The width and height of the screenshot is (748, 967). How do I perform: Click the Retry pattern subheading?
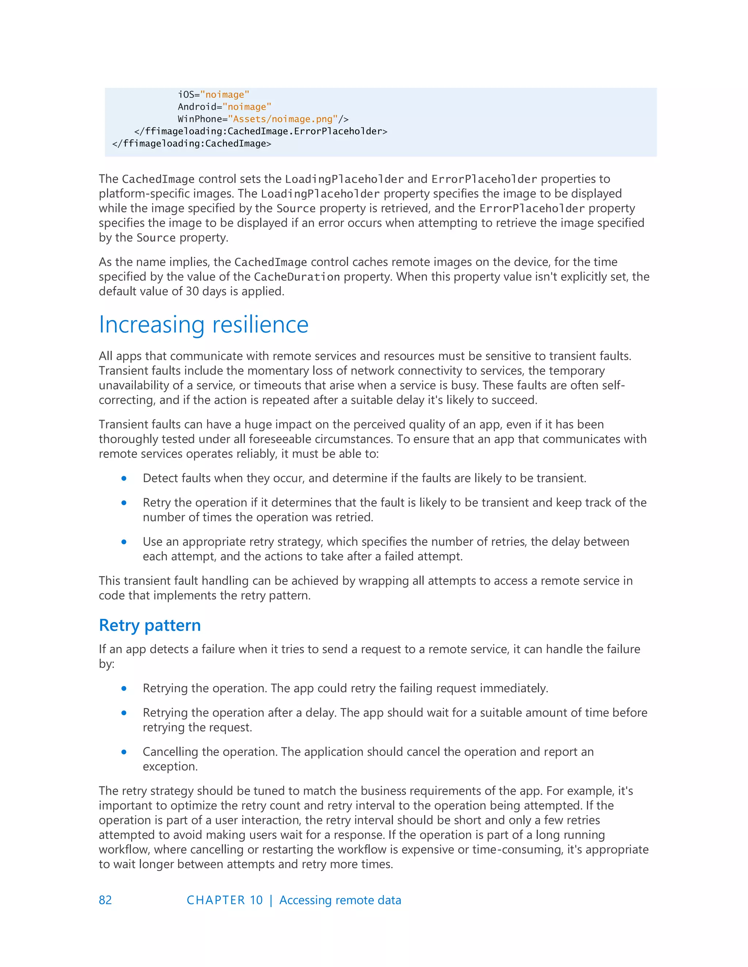click(150, 625)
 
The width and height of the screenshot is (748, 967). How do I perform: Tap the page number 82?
click(105, 900)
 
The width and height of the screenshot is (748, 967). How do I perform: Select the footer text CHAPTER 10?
click(225, 900)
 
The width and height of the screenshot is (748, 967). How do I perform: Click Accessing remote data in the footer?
click(340, 900)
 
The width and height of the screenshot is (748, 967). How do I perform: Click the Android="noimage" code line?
click(224, 107)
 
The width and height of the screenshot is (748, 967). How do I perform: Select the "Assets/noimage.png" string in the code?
click(283, 119)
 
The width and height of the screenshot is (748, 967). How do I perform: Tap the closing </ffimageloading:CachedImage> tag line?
click(191, 143)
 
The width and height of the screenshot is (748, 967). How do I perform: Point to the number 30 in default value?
click(192, 291)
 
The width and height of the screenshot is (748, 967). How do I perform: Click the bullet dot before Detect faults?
click(124, 478)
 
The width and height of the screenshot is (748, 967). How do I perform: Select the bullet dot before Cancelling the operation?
click(124, 752)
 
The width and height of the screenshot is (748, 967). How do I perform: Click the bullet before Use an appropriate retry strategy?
click(124, 542)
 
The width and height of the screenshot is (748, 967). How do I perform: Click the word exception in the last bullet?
click(170, 766)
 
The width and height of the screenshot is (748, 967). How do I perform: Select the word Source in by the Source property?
click(156, 238)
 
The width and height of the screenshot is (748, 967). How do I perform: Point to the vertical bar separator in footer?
click(271, 900)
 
